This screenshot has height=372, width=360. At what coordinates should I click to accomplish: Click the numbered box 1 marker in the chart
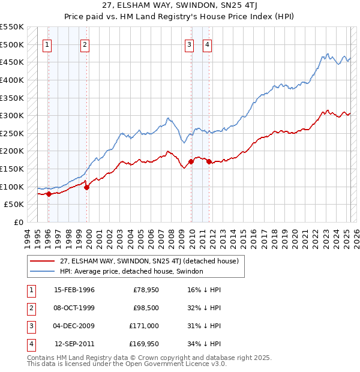47,44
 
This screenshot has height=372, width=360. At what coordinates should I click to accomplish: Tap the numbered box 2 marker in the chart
85,44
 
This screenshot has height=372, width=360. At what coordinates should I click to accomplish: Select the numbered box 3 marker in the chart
189,44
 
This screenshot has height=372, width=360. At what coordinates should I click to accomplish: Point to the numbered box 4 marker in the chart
207,44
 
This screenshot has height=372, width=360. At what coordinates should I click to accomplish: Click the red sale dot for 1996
49,193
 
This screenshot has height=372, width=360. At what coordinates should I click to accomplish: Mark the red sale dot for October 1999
86,187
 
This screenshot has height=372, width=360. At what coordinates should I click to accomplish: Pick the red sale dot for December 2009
191,161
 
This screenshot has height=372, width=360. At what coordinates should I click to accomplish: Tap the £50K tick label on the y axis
14,205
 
